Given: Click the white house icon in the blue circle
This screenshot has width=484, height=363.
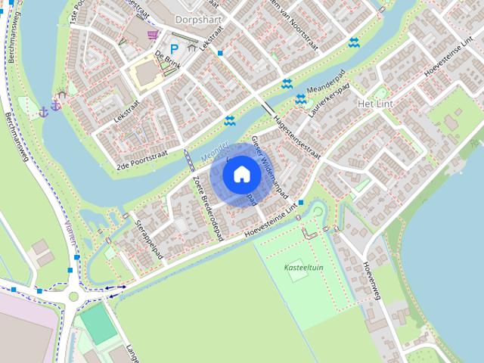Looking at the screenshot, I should (241, 174).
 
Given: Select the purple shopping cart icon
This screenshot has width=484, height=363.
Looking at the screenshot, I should (153, 35).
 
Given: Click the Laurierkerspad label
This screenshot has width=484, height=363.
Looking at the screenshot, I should (330, 101).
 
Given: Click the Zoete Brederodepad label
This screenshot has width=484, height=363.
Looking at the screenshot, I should (209, 200).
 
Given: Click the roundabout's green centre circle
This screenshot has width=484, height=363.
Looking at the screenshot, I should (73, 296).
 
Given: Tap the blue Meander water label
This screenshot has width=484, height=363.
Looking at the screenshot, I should (215, 150).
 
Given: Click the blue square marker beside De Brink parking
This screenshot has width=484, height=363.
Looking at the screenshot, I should (219, 53).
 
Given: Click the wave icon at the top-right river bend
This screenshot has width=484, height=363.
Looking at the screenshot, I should (353, 42).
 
